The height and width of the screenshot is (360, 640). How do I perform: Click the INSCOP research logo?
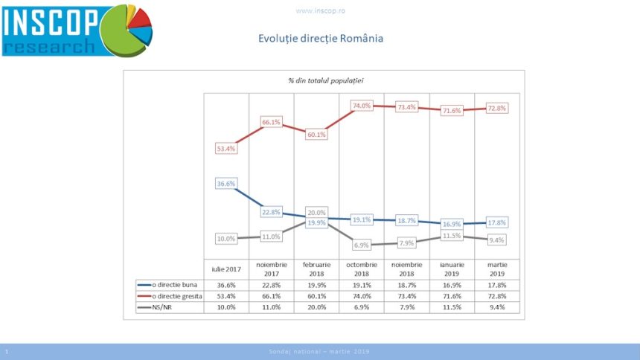coord(77,30)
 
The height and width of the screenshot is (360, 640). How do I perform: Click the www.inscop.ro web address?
coord(319,11)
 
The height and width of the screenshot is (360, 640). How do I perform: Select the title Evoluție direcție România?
coord(320,39)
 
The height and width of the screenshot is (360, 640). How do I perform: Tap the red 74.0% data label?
coord(362,106)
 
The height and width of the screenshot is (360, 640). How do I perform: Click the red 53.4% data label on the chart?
coord(226,150)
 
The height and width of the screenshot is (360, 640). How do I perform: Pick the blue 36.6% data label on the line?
coord(226,183)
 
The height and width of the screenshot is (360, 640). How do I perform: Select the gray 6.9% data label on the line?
coord(362,244)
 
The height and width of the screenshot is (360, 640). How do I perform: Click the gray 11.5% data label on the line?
coord(452,235)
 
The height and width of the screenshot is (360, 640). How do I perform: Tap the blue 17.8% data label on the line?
coord(496,222)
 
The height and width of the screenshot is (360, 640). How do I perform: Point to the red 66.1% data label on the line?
coord(271,122)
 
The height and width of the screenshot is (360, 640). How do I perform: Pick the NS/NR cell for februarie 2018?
coord(316,306)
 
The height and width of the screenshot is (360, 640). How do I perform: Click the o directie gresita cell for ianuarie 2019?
coord(452,295)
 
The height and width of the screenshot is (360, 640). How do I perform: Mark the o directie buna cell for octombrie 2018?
coord(362,284)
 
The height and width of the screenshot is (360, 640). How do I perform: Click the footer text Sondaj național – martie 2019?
coord(319,351)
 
